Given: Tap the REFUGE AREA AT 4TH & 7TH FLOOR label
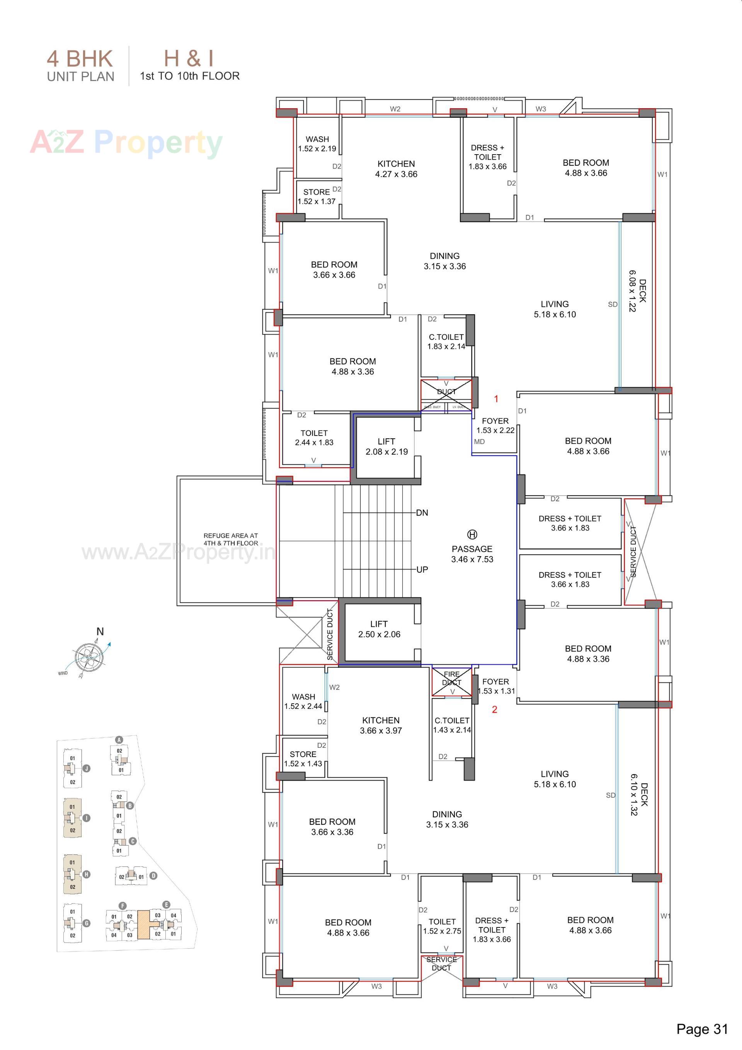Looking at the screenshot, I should point(231,539).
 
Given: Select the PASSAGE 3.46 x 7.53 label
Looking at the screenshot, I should point(472,554).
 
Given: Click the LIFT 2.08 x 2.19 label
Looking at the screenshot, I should point(386,446).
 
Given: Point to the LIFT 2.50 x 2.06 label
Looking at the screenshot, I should point(379,629).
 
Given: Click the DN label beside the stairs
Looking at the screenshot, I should point(422,513).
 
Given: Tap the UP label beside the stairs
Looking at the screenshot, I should point(422,569).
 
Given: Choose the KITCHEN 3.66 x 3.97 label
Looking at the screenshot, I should point(381,725).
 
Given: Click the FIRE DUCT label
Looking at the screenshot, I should point(451,678).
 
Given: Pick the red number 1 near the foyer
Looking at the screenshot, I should point(496,399).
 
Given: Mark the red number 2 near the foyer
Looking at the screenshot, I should point(494,709).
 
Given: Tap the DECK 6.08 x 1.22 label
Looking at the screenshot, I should point(637,291).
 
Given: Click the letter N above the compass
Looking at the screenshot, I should point(100,631).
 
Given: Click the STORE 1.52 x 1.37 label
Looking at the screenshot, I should point(317,197).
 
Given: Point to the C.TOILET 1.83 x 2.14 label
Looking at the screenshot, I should point(446,342).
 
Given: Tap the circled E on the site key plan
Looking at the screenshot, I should point(166,905).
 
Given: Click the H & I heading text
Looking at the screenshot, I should point(189,58).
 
